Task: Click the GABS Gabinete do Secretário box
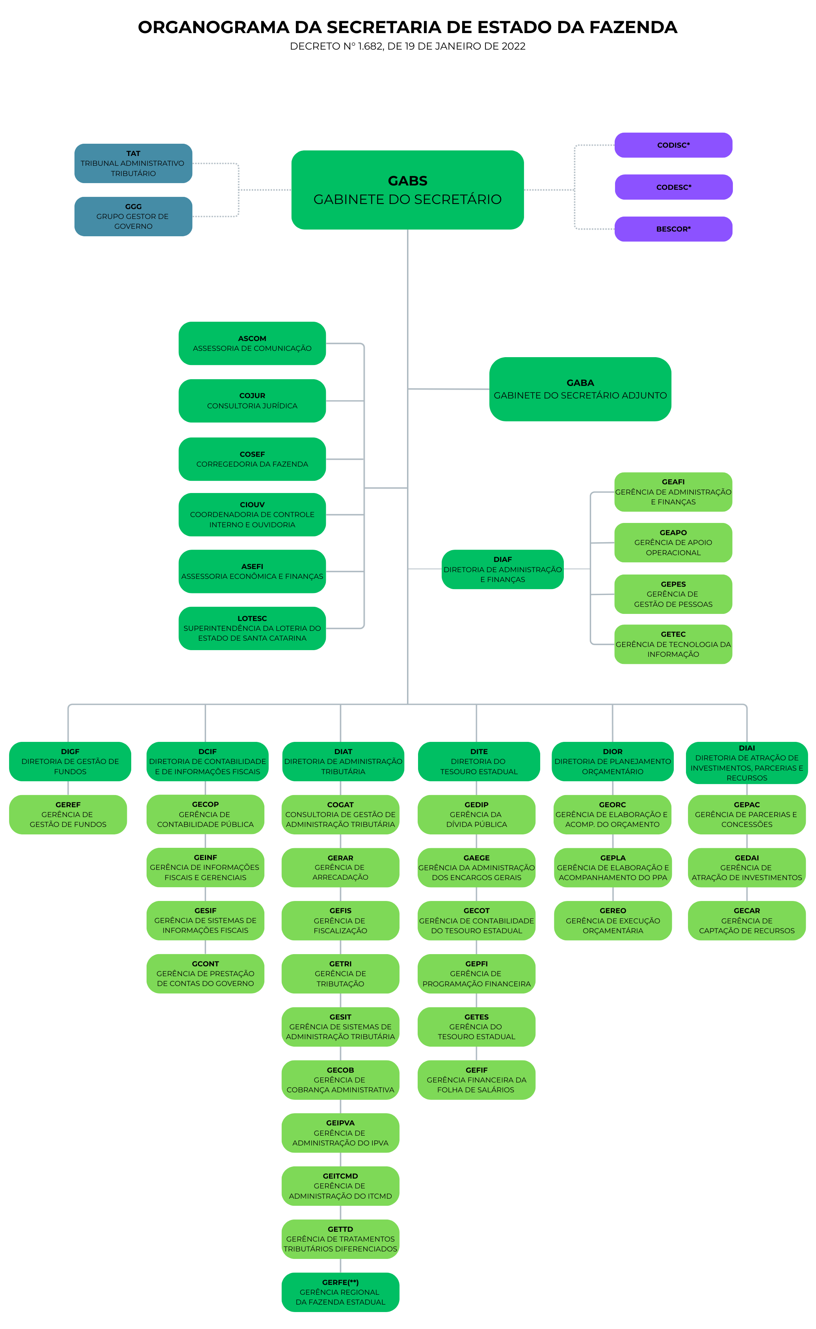[x=407, y=190]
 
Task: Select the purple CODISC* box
[x=673, y=145]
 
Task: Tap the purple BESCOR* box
[x=673, y=229]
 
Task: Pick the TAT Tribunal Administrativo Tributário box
[x=133, y=163]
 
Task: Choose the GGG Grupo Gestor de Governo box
[x=133, y=216]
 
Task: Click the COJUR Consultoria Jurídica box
[x=252, y=401]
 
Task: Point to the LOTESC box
[x=252, y=628]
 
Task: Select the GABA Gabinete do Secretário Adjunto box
[x=580, y=389]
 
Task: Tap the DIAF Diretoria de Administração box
[x=502, y=569]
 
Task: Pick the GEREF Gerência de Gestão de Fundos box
[x=68, y=814]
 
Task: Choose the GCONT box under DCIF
[x=205, y=973]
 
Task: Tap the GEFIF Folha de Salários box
[x=476, y=1080]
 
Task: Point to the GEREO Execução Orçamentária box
[x=613, y=921]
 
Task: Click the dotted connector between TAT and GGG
[x=238, y=190]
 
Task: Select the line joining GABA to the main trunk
[x=448, y=389]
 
